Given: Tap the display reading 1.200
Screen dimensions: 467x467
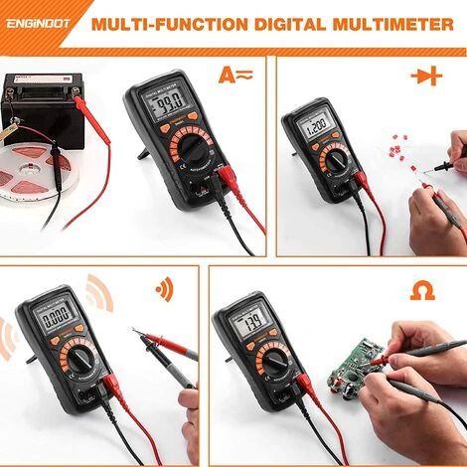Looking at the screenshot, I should [x=317, y=128].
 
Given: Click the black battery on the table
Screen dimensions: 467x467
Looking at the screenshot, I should [x=36, y=104].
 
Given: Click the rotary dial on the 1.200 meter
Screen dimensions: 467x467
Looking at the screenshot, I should [x=332, y=161].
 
